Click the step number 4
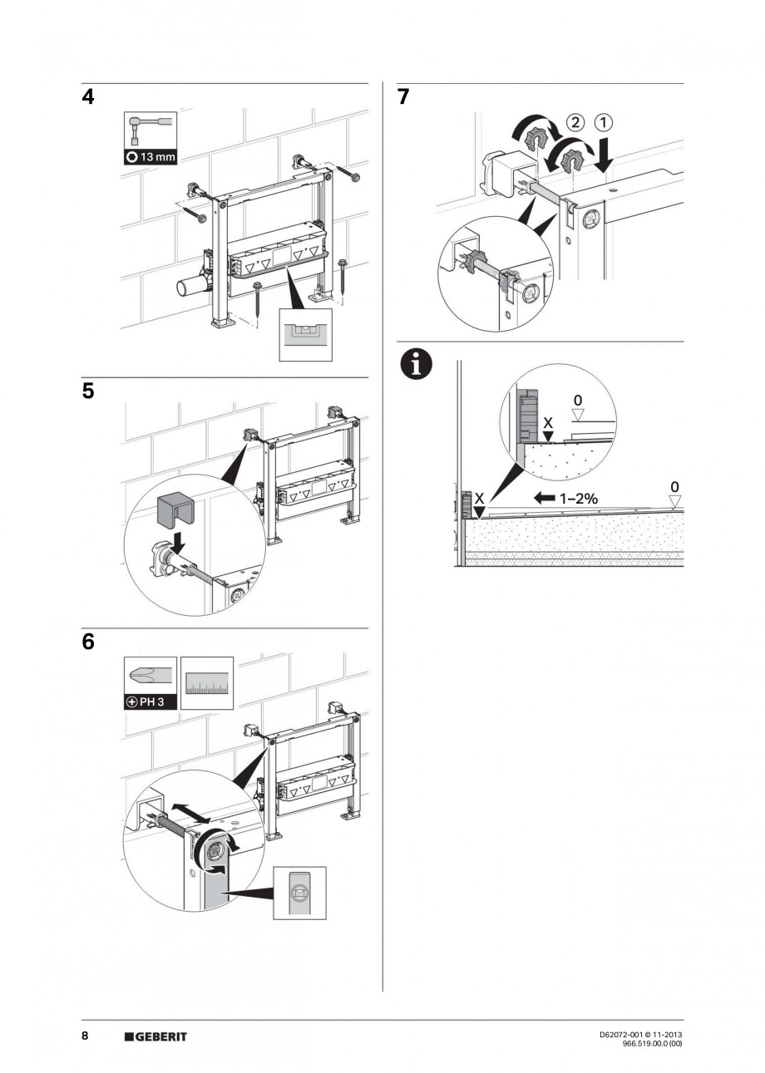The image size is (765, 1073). [x=87, y=97]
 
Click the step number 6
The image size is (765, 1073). [x=87, y=642]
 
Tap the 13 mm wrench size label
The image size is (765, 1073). [x=151, y=157]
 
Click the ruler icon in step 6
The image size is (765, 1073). [x=206, y=683]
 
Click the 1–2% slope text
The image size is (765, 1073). [x=576, y=499]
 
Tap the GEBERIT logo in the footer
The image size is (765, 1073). [x=155, y=1036]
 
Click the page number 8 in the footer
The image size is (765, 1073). [x=85, y=1036]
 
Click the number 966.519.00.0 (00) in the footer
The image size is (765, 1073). [x=652, y=1044]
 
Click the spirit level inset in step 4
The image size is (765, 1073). [x=305, y=336]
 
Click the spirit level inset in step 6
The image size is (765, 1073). [x=300, y=893]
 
